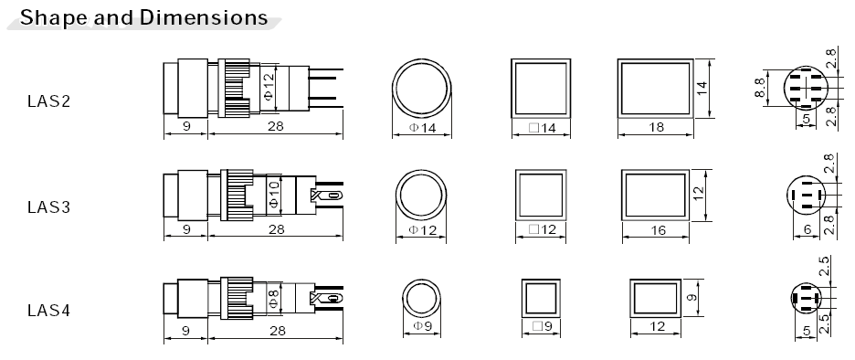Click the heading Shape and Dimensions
[x=143, y=17]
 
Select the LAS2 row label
[x=49, y=101]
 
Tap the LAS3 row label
[x=49, y=207]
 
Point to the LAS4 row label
[x=49, y=311]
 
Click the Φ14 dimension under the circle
[x=422, y=128]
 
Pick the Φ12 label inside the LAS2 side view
[x=269, y=88]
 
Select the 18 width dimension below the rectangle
[x=657, y=127]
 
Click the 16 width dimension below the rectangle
[x=659, y=230]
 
